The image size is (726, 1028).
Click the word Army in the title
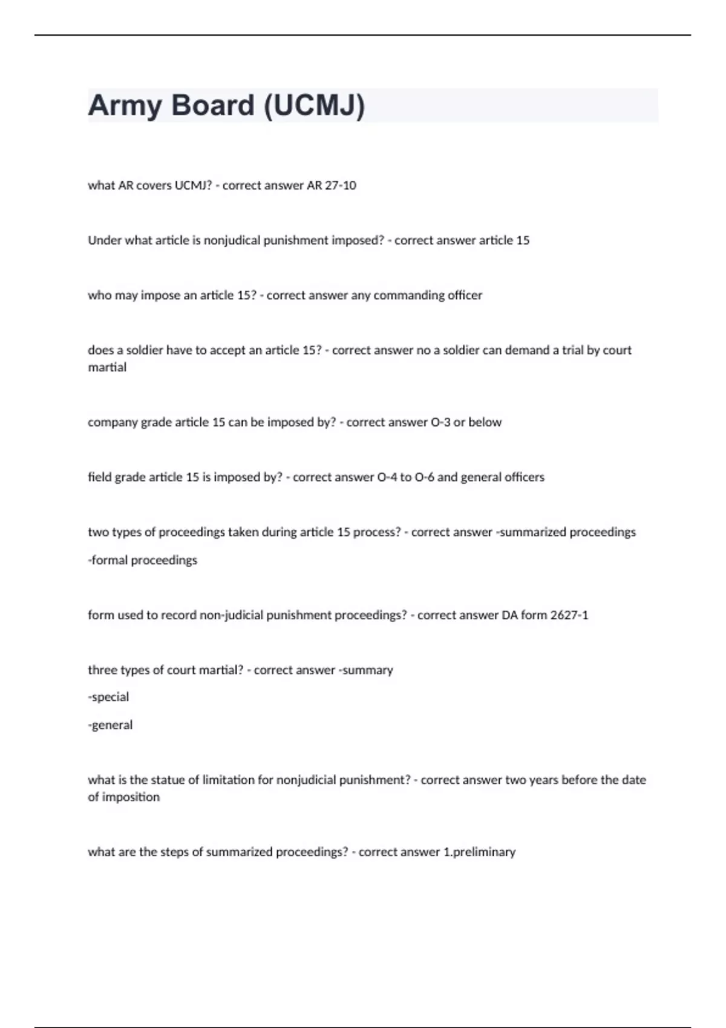(125, 106)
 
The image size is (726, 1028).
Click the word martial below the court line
(107, 368)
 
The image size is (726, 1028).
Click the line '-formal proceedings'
(143, 561)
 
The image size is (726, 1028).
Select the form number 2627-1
(569, 616)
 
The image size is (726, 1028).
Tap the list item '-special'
(108, 697)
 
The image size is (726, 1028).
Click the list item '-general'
(110, 725)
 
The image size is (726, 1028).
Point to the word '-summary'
(365, 671)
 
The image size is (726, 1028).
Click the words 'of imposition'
(124, 798)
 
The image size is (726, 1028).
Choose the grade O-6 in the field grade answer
(424, 478)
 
